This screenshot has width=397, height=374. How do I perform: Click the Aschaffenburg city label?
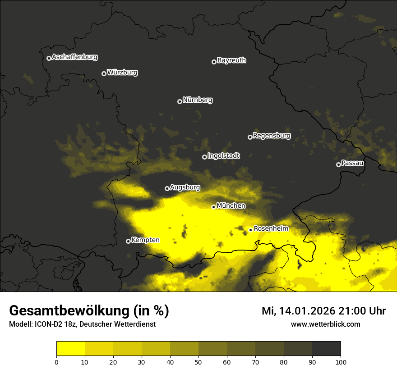click(74, 57)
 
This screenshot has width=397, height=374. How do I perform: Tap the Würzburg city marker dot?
click(104, 73)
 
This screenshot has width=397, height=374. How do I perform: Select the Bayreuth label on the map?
click(231, 60)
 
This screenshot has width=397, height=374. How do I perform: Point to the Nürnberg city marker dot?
click(180, 101)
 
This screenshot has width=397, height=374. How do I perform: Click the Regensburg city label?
click(272, 136)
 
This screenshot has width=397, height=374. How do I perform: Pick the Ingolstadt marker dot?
click(204, 157)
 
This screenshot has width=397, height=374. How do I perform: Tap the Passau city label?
click(352, 163)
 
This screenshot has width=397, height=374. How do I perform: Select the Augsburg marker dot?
click(167, 188)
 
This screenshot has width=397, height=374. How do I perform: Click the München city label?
click(231, 206)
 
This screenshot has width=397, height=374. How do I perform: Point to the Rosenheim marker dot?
click(250, 230)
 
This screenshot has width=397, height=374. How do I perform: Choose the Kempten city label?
click(145, 240)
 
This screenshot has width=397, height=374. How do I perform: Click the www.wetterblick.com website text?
click(325, 324)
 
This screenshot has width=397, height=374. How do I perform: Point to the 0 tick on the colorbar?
click(56, 362)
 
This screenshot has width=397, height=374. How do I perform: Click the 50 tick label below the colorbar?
click(198, 362)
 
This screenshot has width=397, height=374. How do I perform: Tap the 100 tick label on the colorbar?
click(341, 362)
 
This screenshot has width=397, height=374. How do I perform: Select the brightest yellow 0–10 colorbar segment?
click(70, 349)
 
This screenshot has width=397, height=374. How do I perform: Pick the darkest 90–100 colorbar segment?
click(326, 349)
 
